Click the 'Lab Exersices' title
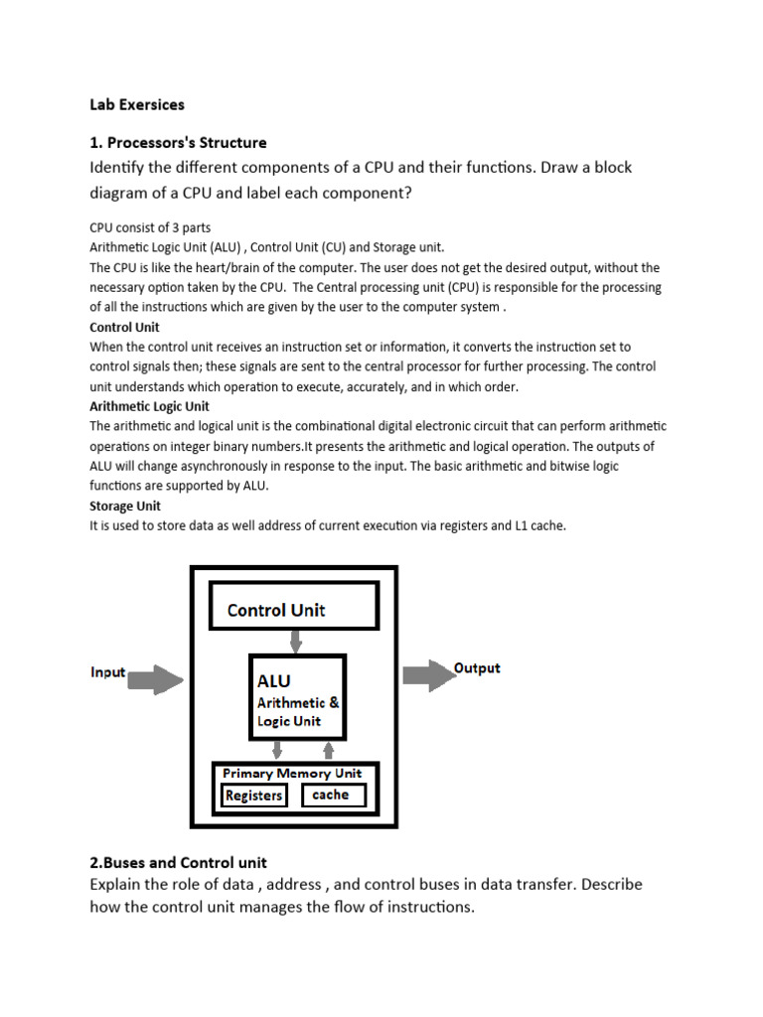pyautogui.click(x=137, y=103)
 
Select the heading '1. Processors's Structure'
pyautogui.click(x=178, y=142)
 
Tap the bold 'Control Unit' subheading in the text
pyautogui.click(x=124, y=327)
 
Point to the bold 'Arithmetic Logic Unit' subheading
pyautogui.click(x=149, y=406)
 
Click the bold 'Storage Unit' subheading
pyautogui.click(x=125, y=506)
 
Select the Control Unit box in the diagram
pyautogui.click(x=293, y=607)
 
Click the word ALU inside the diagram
pyautogui.click(x=274, y=681)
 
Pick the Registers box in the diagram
pyautogui.click(x=254, y=796)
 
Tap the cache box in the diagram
pyautogui.click(x=331, y=795)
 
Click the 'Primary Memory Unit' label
pyautogui.click(x=292, y=773)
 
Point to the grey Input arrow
pyautogui.click(x=156, y=680)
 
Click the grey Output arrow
pyautogui.click(x=427, y=676)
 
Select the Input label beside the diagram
pyautogui.click(x=107, y=672)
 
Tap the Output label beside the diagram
pyautogui.click(x=477, y=668)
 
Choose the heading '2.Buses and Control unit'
pyautogui.click(x=178, y=862)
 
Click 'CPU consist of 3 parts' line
pyautogui.click(x=150, y=227)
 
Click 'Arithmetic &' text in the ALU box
pyautogui.click(x=298, y=702)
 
